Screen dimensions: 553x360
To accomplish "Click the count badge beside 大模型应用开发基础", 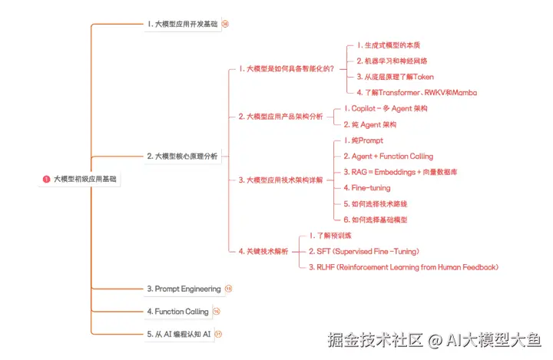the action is tap(225, 24).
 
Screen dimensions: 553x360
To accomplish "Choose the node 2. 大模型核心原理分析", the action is tap(182, 156).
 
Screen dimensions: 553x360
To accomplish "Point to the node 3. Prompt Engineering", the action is tap(184, 289).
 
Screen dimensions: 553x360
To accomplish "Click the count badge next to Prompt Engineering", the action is tap(228, 289).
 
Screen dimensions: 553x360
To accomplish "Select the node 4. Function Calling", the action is tap(177, 312).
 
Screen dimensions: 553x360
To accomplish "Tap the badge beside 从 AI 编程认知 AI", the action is tap(218, 334).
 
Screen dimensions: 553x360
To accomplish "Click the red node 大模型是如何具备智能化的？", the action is tap(286, 68).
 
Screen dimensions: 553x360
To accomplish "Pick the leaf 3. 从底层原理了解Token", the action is tap(395, 77).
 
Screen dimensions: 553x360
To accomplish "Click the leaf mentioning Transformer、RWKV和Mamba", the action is tap(417, 92).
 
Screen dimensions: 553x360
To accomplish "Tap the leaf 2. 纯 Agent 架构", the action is tap(370, 124).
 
